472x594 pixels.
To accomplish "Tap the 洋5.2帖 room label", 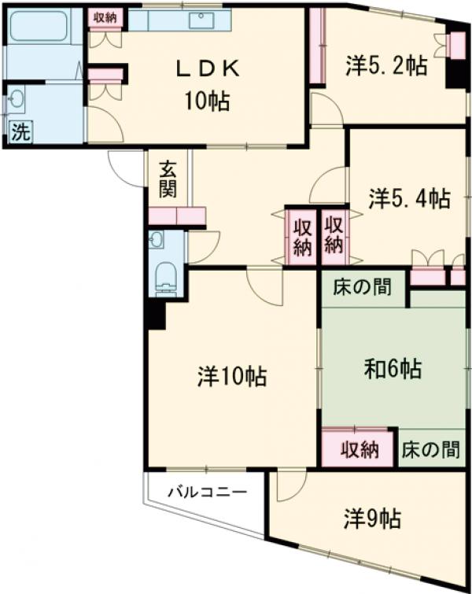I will pos(385,66).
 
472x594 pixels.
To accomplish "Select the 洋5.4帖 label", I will pos(410,197).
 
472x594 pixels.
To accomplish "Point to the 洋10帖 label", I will pos(231,377).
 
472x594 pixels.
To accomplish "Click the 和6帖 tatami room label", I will pos(393,367).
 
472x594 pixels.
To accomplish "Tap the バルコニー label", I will pos(207,493).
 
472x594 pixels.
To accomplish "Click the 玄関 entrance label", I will pos(168,179).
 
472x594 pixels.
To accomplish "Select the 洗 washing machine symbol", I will pos(20,131).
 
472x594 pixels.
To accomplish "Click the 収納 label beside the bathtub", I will pos(105,16).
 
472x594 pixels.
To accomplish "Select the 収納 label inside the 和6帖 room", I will pos(359,450).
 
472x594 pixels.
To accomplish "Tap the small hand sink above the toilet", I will pos(156,239).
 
